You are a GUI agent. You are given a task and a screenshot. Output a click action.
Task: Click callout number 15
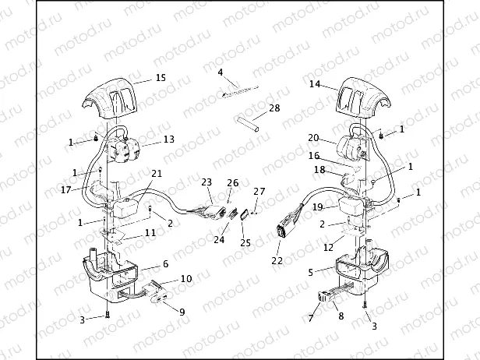click(161, 78)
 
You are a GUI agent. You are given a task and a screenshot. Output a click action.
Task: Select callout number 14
click(315, 83)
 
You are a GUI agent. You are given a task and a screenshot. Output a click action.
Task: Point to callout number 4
click(221, 72)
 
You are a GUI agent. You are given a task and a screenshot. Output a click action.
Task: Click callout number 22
click(276, 260)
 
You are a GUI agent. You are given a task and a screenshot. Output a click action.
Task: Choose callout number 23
click(206, 182)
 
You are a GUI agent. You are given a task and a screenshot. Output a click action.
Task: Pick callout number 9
click(182, 312)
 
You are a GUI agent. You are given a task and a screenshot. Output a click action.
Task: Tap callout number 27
click(259, 191)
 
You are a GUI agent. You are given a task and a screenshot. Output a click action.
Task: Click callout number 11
click(150, 232)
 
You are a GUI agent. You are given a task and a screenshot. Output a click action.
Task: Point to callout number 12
click(329, 247)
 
